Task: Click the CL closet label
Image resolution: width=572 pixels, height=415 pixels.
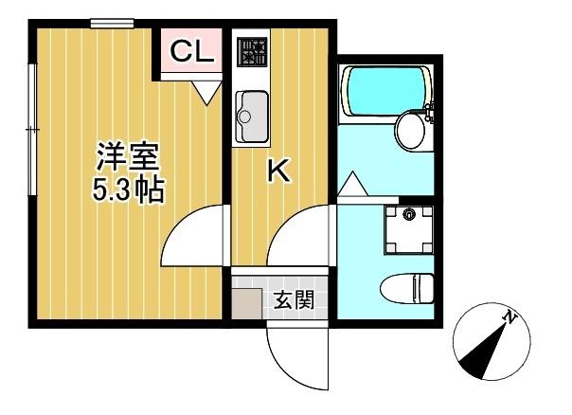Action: (x=191, y=54)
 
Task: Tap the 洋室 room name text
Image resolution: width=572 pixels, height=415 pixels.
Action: (x=124, y=155)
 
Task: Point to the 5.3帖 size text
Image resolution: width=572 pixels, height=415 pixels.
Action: (x=127, y=190)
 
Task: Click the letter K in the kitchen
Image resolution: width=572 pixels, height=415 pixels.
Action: (x=278, y=171)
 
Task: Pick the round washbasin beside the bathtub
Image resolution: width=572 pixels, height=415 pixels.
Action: (x=412, y=130)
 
